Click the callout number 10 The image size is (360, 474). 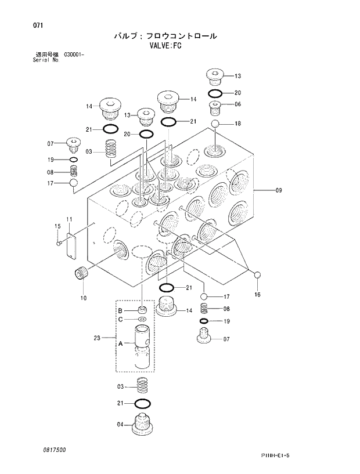coord(84,298)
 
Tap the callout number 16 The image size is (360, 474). coord(257,294)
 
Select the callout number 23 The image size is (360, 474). coord(97,337)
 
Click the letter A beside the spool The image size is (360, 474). coord(120,343)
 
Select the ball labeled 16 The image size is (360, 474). coord(257,276)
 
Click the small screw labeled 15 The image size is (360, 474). coord(59,243)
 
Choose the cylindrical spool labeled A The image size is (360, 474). coord(143,346)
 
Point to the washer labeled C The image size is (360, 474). coord(142,319)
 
